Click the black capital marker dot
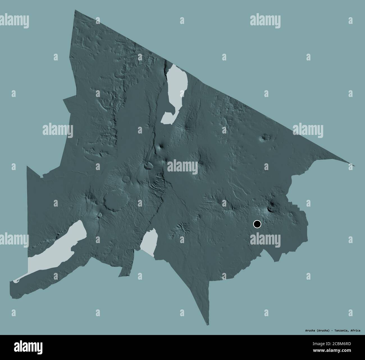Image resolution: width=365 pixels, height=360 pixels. click(x=257, y=224)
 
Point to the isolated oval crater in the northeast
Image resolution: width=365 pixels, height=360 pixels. click(x=264, y=138)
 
